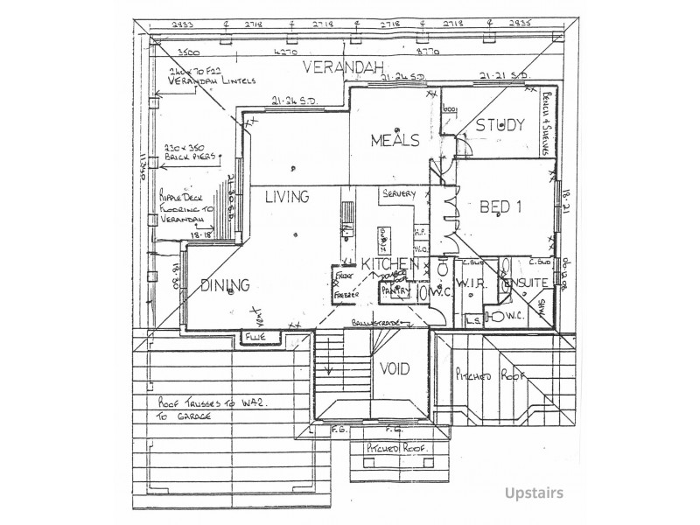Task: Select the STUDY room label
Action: point(500,124)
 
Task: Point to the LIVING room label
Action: point(287,197)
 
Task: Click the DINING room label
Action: point(225,284)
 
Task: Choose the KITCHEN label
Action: point(388,264)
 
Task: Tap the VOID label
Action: point(394,368)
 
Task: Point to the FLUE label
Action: point(255,334)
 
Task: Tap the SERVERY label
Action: point(397,193)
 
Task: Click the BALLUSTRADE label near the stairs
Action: point(376,324)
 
